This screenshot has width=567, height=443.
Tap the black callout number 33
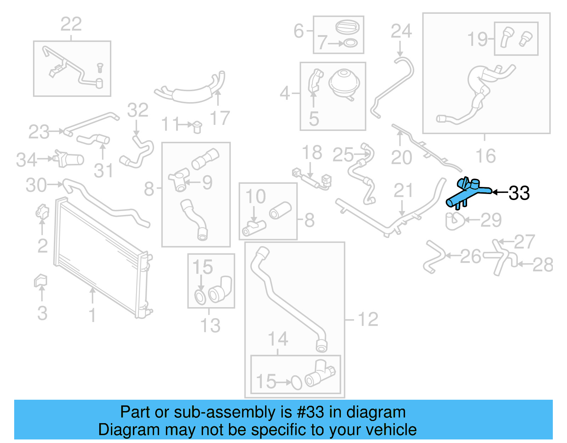[519, 193]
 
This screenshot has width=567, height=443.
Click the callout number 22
[71, 24]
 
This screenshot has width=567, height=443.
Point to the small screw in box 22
[100, 67]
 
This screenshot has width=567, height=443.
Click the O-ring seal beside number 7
[350, 44]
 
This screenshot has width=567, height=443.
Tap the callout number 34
[27, 160]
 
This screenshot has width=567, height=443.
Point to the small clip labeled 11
[197, 126]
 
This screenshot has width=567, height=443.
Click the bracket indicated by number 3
[40, 281]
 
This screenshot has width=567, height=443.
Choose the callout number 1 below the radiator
[92, 315]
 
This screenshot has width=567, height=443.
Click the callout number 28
[543, 265]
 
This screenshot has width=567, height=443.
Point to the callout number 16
[485, 156]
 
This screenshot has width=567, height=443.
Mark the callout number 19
[477, 39]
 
